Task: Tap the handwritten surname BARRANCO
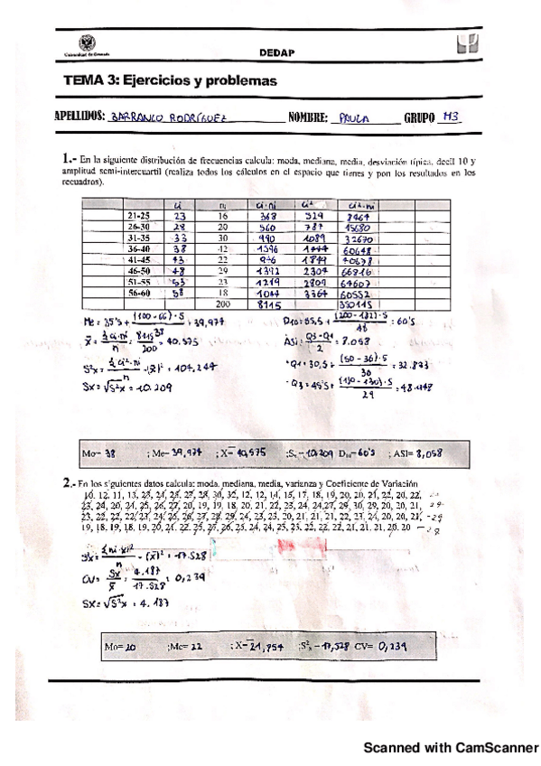[137, 117]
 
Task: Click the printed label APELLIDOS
[79, 117]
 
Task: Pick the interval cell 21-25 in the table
[138, 217]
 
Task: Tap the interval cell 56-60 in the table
[138, 294]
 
